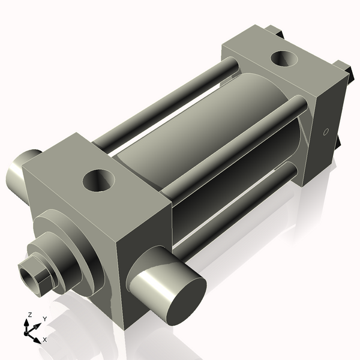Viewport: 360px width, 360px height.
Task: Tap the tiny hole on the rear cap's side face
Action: point(326,131)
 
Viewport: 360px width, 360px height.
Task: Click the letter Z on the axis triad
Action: point(28,315)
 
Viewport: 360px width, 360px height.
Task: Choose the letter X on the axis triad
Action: point(44,340)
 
